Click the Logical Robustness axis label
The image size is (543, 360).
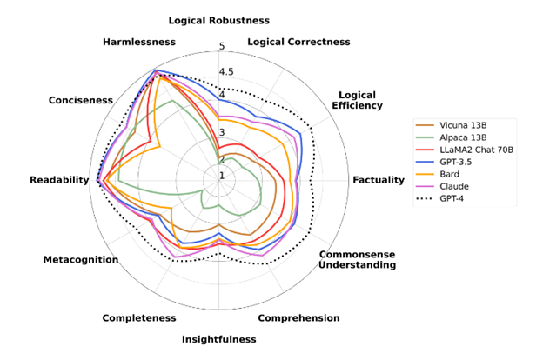click(x=219, y=20)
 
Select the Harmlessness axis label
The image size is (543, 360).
click(x=138, y=42)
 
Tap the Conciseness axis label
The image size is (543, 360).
click(x=81, y=100)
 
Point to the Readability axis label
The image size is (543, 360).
click(x=59, y=180)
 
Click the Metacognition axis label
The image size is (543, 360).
click(x=81, y=260)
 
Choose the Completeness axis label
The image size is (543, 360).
click(x=138, y=318)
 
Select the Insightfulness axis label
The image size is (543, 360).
click(x=219, y=339)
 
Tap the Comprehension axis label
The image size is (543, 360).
click(x=298, y=318)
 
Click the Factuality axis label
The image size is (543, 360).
click(x=379, y=180)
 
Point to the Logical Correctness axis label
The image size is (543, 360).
click(x=299, y=42)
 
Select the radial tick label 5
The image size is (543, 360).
click(x=222, y=47)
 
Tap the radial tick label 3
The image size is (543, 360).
click(x=222, y=132)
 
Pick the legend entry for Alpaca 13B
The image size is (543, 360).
click(x=462, y=137)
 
